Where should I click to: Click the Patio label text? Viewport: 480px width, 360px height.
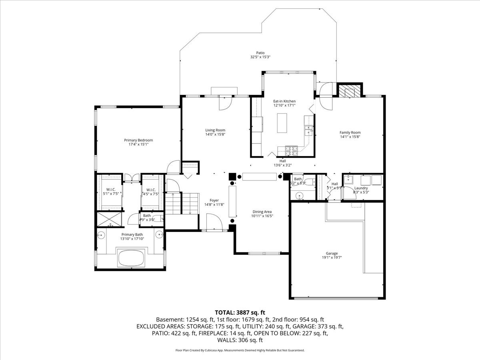tap(260, 53)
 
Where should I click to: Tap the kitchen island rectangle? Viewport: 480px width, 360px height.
tap(282, 123)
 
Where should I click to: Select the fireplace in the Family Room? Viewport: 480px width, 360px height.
tap(347, 91)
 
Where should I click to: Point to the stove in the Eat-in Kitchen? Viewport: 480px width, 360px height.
tap(292, 150)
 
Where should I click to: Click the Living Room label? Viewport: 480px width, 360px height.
tap(215, 130)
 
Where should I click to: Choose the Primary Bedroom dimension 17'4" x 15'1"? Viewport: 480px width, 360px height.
tap(138, 144)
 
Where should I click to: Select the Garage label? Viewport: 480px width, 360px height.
tap(332, 253)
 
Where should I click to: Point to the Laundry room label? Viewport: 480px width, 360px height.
tap(360, 188)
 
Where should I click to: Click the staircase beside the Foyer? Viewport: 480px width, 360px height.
tap(182, 204)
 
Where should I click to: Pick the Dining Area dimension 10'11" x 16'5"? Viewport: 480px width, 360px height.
tap(262, 216)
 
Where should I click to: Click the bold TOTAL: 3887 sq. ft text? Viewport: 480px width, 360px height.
tap(240, 312)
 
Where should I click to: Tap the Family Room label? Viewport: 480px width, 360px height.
tap(350, 132)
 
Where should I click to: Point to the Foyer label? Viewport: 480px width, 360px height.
tap(214, 200)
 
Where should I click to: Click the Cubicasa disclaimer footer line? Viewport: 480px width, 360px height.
tap(240, 350)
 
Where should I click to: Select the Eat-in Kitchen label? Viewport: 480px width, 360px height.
tap(284, 101)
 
